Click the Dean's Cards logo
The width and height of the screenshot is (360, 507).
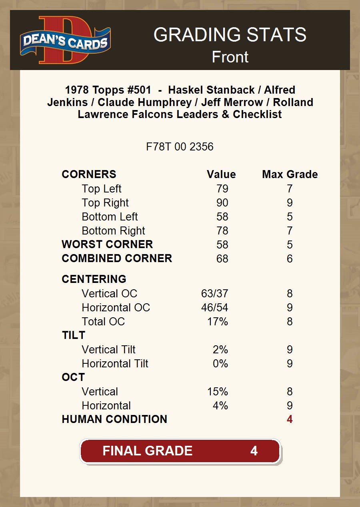click(x=65, y=40)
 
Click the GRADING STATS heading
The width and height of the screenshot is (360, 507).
click(x=230, y=35)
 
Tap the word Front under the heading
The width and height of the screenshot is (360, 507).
click(x=230, y=57)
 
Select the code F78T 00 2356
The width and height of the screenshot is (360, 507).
click(x=180, y=147)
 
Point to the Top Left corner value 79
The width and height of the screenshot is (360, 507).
click(x=222, y=189)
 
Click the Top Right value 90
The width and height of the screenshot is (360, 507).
click(x=222, y=203)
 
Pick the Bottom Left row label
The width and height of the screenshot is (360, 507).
click(x=110, y=217)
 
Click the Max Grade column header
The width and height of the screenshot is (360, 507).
click(x=290, y=174)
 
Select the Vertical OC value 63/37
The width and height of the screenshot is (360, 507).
click(x=214, y=294)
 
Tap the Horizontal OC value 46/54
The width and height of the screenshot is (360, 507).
click(x=214, y=308)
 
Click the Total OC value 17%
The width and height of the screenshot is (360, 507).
click(x=217, y=322)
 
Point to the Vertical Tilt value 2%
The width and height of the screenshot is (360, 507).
click(x=220, y=350)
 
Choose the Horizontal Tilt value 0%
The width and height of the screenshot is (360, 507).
click(x=220, y=364)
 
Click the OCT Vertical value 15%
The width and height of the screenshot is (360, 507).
click(x=217, y=392)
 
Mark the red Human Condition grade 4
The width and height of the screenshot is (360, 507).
click(x=290, y=419)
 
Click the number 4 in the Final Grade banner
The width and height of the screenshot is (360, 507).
click(x=254, y=451)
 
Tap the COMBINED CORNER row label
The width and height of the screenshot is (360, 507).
click(x=117, y=259)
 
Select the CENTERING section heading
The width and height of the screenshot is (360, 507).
click(x=94, y=279)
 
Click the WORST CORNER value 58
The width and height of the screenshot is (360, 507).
click(x=222, y=244)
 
